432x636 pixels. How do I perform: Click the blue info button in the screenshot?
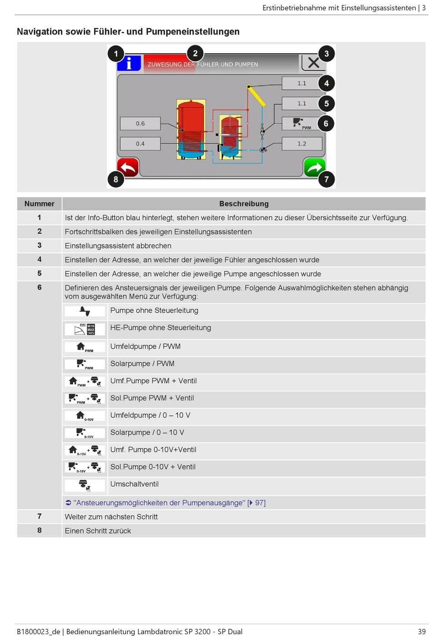tap(129, 63)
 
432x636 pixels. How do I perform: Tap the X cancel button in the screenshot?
tap(313, 63)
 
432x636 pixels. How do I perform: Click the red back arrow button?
tap(128, 168)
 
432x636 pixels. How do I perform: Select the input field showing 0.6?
tap(140, 123)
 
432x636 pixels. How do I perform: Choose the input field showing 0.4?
tap(140, 144)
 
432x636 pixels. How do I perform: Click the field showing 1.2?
tap(302, 144)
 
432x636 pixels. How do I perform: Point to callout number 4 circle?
tap(326, 84)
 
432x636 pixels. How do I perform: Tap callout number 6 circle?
tap(326, 123)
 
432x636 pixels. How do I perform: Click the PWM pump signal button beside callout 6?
tap(302, 123)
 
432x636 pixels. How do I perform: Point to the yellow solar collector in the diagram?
tap(256, 95)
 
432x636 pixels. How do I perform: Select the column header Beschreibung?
tap(244, 204)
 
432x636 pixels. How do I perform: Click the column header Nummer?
tap(40, 204)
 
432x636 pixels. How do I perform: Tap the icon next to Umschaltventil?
tap(85, 485)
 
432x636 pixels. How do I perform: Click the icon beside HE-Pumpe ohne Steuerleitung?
tap(85, 329)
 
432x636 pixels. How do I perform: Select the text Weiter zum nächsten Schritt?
tap(111, 517)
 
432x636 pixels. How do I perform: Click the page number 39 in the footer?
tap(422, 631)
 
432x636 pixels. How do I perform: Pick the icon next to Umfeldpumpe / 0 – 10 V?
tap(85, 416)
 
